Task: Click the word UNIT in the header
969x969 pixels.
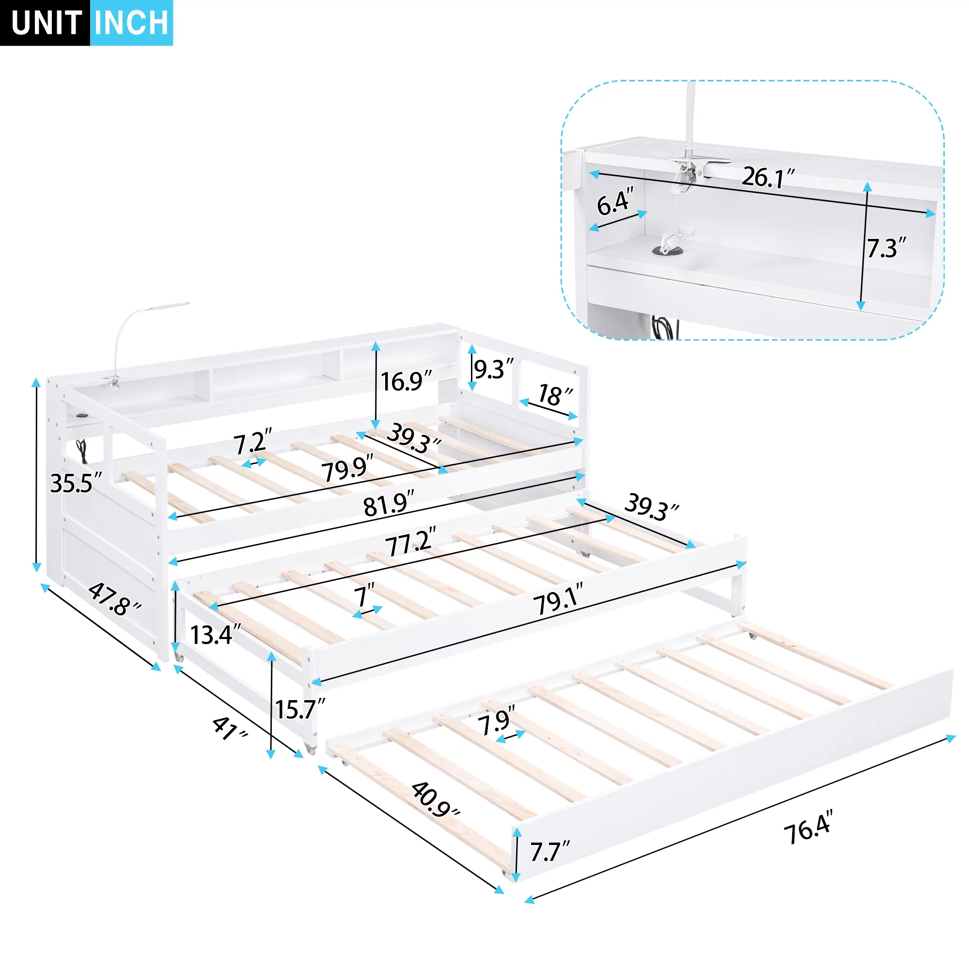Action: [x=46, y=23]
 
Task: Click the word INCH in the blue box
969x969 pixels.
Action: [x=131, y=23]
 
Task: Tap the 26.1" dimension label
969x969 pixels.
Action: [x=768, y=177]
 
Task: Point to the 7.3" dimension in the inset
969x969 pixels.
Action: [x=886, y=248]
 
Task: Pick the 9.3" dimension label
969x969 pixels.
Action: [x=494, y=369]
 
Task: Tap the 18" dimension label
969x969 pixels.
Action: [x=555, y=395]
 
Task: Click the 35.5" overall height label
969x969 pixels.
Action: [x=76, y=484]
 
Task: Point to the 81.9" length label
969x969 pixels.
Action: [x=389, y=503]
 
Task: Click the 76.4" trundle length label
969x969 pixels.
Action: [x=809, y=827]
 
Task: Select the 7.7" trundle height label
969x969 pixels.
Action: [x=550, y=852]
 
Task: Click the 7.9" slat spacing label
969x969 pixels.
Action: [x=497, y=721]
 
